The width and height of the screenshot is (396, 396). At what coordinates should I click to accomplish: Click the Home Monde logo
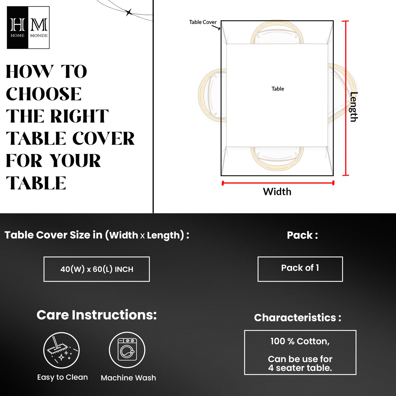(28, 28)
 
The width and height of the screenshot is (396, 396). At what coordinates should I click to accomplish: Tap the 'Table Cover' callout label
(203, 22)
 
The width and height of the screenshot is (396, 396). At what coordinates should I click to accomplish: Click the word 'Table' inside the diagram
(278, 89)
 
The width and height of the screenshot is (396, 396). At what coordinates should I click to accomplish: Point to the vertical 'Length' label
(354, 107)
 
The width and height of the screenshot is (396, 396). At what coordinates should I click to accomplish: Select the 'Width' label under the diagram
(277, 192)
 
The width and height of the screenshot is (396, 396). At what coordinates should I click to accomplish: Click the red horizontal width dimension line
(278, 183)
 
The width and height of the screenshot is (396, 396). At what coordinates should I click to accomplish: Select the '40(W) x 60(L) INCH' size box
(97, 269)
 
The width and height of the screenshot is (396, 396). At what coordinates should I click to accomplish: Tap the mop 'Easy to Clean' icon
(61, 350)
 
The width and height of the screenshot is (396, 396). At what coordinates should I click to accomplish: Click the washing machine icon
(127, 350)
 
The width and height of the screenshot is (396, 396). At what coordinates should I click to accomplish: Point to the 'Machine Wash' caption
(128, 378)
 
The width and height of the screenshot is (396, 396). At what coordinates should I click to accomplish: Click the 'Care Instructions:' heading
(96, 315)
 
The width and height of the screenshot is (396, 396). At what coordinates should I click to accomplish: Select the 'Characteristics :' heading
(298, 318)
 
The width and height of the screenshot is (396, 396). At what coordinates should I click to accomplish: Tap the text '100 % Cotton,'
(300, 341)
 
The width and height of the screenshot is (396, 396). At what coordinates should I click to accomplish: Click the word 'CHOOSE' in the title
(44, 94)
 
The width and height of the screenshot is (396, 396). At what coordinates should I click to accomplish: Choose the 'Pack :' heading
(302, 235)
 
